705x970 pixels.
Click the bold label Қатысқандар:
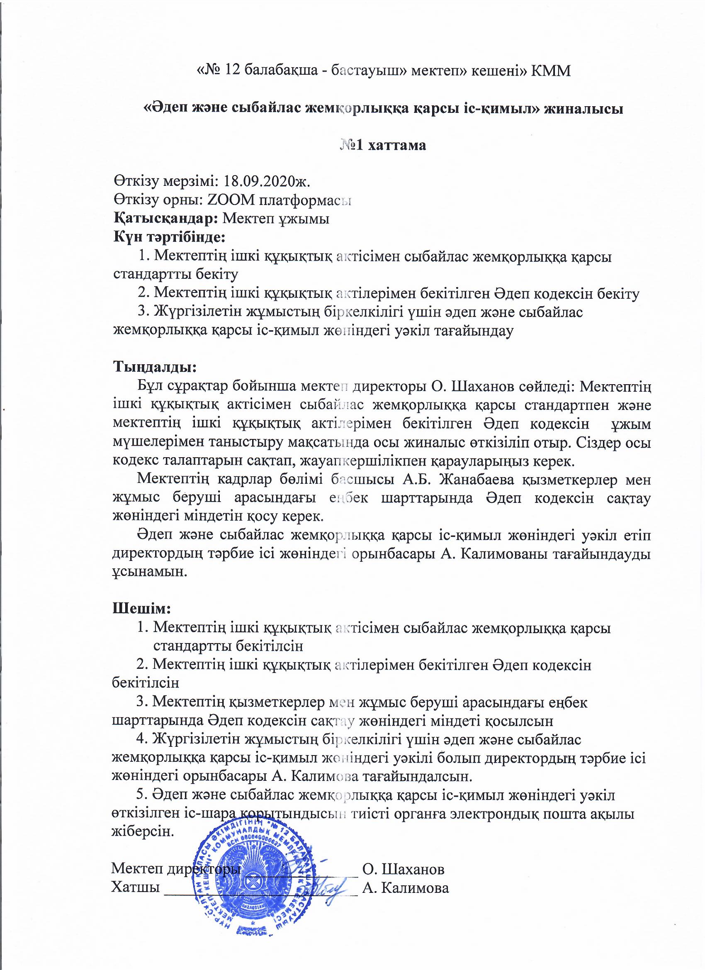coord(166,218)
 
